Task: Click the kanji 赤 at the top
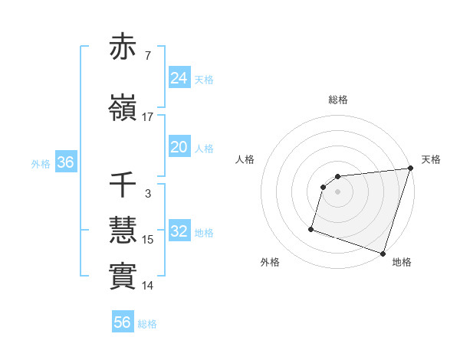tap(123, 47)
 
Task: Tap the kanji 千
tap(123, 186)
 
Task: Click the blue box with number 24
tap(179, 77)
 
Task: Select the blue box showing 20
tap(179, 147)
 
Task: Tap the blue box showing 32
tap(179, 232)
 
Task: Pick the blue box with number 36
tap(65, 162)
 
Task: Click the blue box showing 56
tap(123, 322)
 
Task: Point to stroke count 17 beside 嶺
tap(148, 117)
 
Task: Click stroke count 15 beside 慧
tap(148, 240)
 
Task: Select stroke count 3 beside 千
tap(148, 194)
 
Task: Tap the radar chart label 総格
tap(338, 100)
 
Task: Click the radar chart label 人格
tap(245, 159)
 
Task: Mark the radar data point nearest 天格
tap(411, 169)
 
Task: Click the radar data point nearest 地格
tap(383, 253)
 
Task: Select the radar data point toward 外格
tap(311, 228)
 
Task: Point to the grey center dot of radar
tap(338, 192)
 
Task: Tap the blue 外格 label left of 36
tap(41, 163)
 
